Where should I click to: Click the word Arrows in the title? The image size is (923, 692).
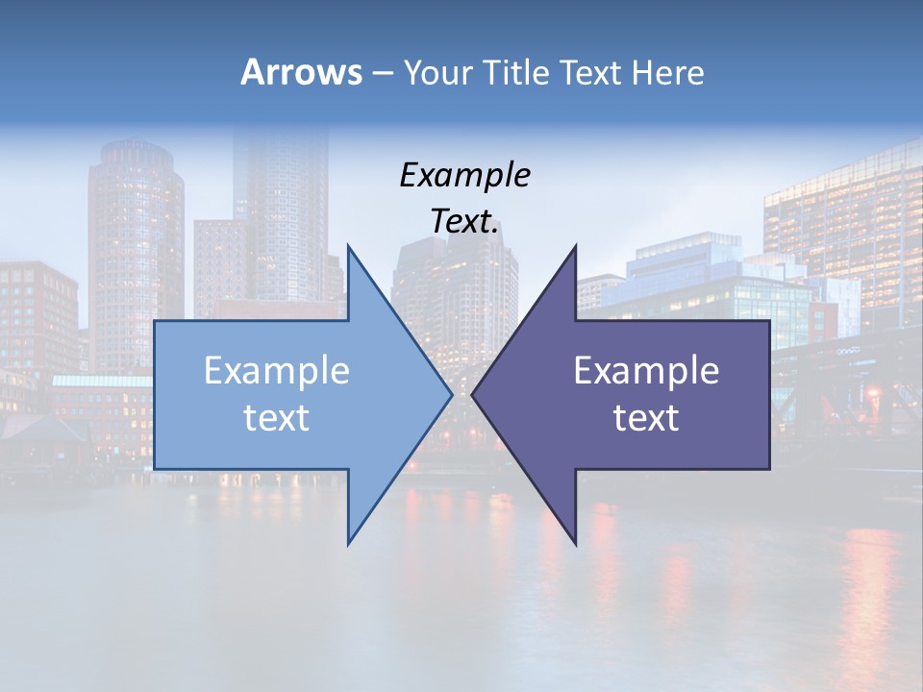(301, 72)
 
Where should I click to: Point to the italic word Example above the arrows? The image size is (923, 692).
(465, 176)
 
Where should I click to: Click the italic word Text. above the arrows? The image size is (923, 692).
(465, 222)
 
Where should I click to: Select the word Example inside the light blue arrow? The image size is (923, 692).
(277, 371)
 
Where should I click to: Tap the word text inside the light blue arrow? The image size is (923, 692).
(277, 418)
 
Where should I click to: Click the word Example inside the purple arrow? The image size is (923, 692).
(646, 371)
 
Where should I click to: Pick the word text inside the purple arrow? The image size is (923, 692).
(646, 418)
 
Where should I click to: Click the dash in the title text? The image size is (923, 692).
(382, 73)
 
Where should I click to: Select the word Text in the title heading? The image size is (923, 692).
(589, 72)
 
